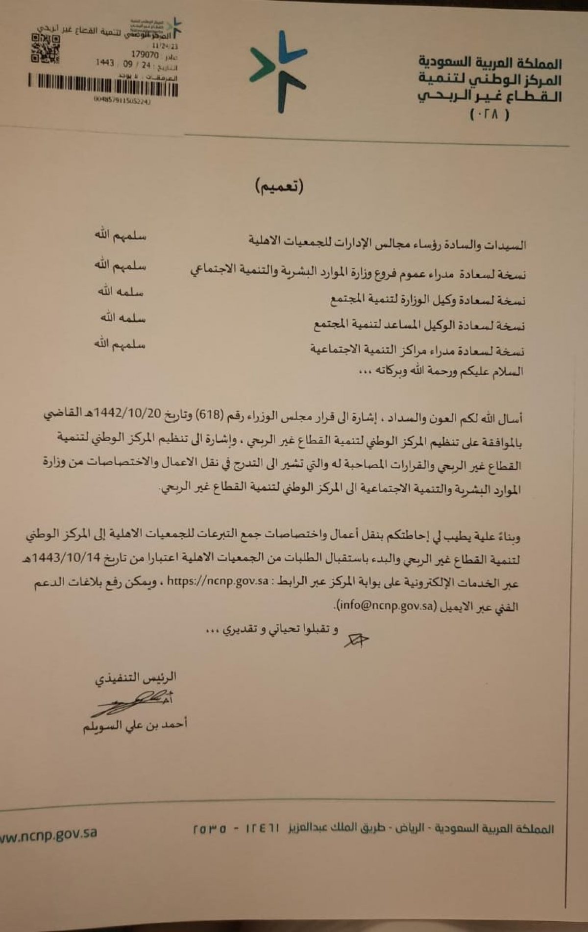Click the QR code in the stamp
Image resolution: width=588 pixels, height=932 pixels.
46,48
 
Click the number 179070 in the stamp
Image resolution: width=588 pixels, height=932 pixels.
145,55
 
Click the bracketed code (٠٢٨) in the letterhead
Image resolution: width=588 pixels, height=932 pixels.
490,115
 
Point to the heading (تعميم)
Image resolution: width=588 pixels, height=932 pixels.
279,187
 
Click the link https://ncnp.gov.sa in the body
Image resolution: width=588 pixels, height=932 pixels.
218,581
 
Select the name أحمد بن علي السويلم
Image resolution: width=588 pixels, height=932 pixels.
135,725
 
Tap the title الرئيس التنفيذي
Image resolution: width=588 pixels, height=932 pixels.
136,678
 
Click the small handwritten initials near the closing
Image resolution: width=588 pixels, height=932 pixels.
356,640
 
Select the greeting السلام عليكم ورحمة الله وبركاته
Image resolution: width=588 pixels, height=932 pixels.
441,371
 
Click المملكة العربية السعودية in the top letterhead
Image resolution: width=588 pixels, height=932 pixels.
490,63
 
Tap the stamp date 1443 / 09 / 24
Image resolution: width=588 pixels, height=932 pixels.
123,64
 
